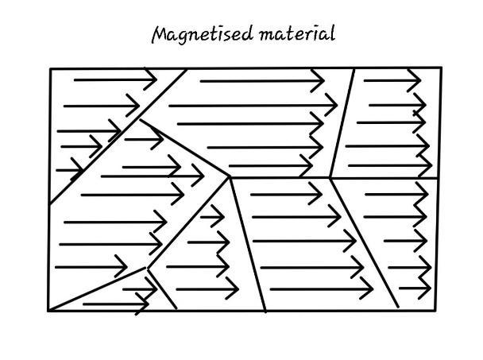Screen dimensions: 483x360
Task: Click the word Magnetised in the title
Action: tap(203, 34)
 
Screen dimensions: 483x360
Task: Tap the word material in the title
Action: tap(296, 33)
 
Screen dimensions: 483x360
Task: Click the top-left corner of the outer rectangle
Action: tap(50, 68)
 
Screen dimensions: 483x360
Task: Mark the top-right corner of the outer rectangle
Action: tap(442, 68)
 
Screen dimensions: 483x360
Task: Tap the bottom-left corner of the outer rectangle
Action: tap(48, 311)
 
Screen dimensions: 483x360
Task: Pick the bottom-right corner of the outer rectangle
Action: tap(436, 311)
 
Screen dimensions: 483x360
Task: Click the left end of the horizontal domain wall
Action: tap(230, 177)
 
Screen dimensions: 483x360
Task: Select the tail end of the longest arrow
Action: tap(169, 106)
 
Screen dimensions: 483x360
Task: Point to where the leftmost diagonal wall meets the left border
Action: tap(49, 203)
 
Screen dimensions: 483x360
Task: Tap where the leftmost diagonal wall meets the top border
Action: tap(187, 70)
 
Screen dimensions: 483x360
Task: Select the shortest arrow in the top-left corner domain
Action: tap(70, 170)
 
